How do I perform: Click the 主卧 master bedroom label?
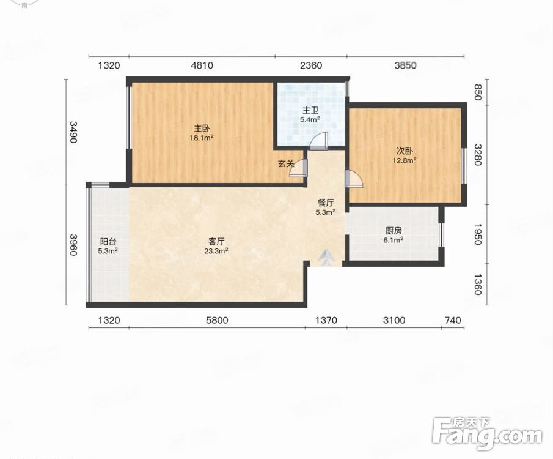point(202,129)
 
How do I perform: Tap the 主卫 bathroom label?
point(310,110)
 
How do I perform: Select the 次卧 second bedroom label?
point(405,151)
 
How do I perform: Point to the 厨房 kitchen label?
point(394,231)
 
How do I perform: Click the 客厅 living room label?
point(216,242)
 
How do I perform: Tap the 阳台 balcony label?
point(108,242)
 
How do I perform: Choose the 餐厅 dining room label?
point(325,203)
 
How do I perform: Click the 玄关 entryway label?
point(286,163)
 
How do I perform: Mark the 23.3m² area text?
point(216,252)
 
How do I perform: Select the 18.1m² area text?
point(202,138)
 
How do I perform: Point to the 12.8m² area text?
point(405,161)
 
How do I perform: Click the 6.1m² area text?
point(394,241)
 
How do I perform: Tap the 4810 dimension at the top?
point(202,65)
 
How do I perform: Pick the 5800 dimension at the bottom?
point(218,321)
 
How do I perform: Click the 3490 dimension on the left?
point(73,132)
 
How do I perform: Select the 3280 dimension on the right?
point(477,154)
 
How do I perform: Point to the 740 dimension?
point(453,321)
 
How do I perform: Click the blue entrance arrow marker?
point(326,258)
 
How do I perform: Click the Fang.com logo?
point(487,435)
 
